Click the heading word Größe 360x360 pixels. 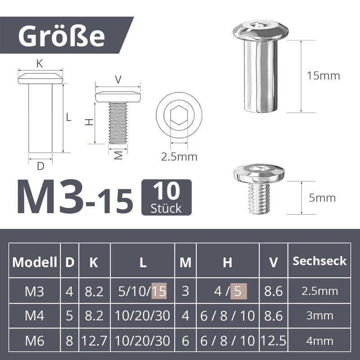(x=62, y=36)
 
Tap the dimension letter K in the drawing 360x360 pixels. (x=40, y=64)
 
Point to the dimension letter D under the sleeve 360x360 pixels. (x=40, y=166)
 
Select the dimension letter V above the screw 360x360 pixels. (x=118, y=80)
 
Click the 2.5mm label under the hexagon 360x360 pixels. (x=179, y=157)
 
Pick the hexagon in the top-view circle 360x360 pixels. (x=179, y=117)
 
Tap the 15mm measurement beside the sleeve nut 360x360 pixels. (x=323, y=76)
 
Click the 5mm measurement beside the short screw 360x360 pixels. (x=323, y=198)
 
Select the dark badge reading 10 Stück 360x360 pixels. (x=166, y=197)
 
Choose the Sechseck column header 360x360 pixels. (x=319, y=261)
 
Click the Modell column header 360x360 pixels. (x=35, y=262)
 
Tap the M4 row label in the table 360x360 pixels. (x=35, y=315)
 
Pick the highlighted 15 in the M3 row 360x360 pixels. (x=159, y=291)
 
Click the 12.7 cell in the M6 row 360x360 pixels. (x=94, y=341)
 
